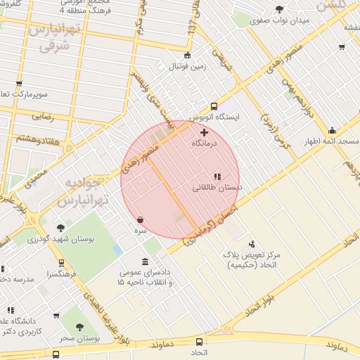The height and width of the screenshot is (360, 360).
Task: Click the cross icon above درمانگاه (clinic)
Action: (205, 132)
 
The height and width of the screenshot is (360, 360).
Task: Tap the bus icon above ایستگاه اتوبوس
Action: (214, 107)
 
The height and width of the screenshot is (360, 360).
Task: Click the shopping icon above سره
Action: (141, 220)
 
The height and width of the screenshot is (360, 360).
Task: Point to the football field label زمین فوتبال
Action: (186, 66)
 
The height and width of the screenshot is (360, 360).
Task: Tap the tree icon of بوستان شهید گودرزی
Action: (60, 228)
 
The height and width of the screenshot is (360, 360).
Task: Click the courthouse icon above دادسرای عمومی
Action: (145, 262)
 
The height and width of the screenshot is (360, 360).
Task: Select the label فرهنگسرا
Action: (63, 274)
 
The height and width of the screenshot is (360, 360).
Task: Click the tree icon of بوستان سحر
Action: (79, 327)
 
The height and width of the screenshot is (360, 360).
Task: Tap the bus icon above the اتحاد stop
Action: (200, 341)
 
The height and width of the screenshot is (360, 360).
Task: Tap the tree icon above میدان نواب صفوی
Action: (280, 9)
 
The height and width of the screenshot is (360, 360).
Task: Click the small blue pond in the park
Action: (117, 250)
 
